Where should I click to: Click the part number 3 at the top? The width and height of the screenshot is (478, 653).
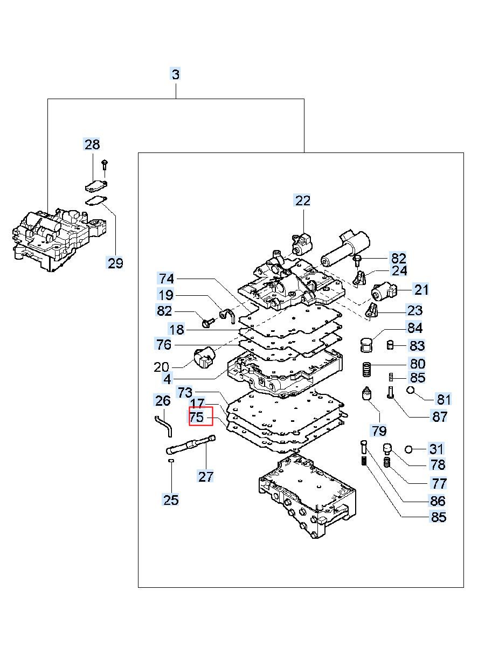(176, 74)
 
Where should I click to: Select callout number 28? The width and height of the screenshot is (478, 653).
(92, 144)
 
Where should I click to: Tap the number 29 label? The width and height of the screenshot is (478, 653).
(115, 263)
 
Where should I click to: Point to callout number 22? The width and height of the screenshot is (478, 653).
(303, 200)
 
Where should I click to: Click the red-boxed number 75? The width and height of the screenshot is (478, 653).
(197, 417)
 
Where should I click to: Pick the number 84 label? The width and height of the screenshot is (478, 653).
(414, 328)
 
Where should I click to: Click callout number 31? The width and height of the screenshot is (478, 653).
(436, 449)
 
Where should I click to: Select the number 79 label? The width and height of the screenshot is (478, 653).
(379, 430)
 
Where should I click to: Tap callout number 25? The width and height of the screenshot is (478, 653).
(171, 500)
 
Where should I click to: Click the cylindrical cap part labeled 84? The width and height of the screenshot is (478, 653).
(366, 345)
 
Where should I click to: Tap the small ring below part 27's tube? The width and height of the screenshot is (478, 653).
(171, 461)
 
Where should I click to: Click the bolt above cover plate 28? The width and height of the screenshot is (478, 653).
(105, 165)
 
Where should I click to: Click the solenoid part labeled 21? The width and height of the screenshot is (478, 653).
(384, 291)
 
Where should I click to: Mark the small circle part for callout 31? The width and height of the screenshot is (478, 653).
(409, 449)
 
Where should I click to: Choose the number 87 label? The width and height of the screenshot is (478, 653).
(439, 416)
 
